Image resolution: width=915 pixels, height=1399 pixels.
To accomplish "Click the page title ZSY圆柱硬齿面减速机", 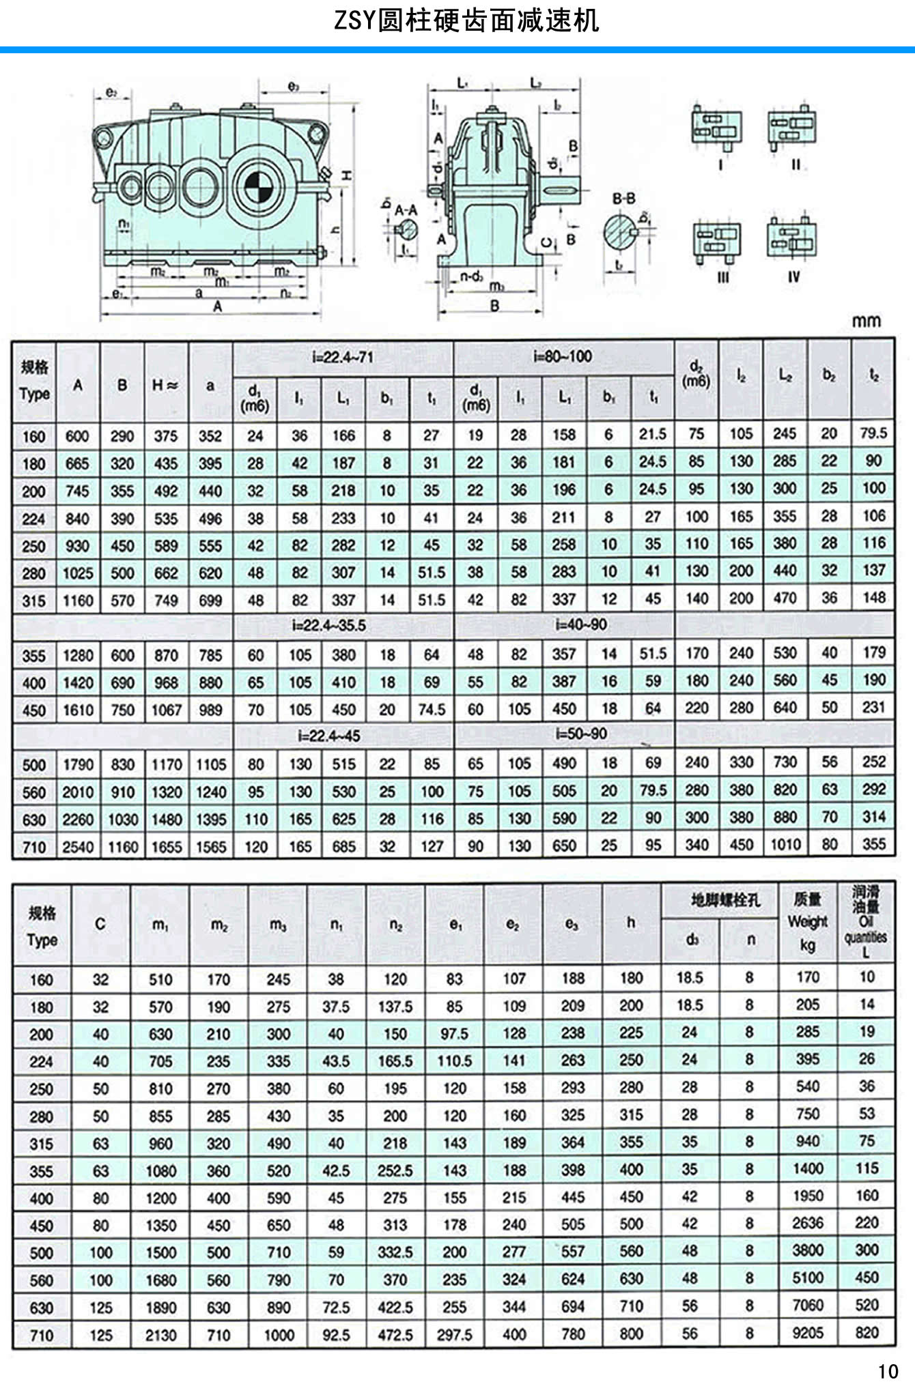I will (466, 20).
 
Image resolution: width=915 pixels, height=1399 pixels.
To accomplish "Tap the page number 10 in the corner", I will (888, 1372).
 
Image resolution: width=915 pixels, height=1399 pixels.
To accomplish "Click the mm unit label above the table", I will (866, 320).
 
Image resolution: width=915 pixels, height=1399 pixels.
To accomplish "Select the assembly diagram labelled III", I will (717, 243).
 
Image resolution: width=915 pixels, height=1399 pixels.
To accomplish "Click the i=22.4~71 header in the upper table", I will (343, 357).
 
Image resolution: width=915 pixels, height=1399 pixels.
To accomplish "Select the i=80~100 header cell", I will (563, 356).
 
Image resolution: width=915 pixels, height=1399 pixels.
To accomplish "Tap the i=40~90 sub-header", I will (580, 624).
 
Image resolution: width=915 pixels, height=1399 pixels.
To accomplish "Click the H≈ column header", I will (165, 385).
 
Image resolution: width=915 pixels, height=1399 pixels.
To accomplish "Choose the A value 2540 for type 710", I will (78, 847).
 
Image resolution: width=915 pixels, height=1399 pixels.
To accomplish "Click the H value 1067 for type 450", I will (166, 710).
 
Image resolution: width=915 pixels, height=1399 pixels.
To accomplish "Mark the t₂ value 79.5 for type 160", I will (873, 433).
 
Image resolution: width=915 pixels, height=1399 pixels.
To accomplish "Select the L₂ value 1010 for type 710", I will (785, 845).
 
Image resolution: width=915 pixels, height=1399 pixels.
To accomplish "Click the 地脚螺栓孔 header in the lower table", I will (724, 900).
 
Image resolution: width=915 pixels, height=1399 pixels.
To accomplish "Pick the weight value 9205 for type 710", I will (808, 1333).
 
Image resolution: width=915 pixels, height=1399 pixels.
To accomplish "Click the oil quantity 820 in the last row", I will (867, 1332).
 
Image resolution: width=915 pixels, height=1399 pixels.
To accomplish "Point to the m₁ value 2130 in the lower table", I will (160, 1335).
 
